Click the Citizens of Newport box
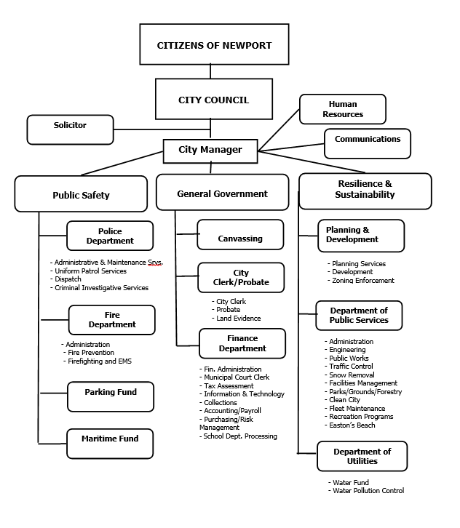click(x=214, y=44)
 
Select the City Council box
click(x=214, y=99)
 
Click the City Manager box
click(x=210, y=151)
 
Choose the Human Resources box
click(x=342, y=109)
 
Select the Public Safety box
click(x=81, y=194)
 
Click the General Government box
click(x=222, y=193)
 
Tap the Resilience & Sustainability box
click(x=365, y=190)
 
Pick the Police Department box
click(x=110, y=236)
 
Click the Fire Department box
click(x=112, y=319)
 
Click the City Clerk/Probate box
click(x=241, y=277)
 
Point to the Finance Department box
click(x=242, y=343)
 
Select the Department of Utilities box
click(x=362, y=456)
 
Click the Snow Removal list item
click(x=352, y=375)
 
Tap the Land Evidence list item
click(x=238, y=319)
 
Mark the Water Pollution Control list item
click(x=368, y=491)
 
